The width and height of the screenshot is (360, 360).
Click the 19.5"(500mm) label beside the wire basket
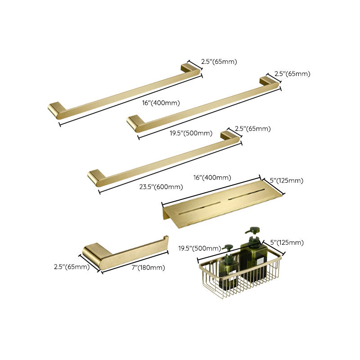pos(199,248)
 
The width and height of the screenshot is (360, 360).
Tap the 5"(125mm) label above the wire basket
pos(283,243)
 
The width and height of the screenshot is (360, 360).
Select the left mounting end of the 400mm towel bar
pos(56,110)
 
